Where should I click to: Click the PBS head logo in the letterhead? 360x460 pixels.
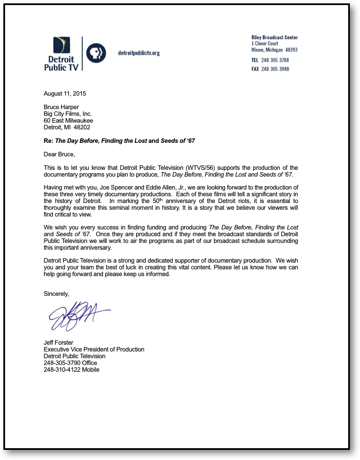tap(96, 53)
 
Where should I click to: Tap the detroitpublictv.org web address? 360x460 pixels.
tap(139, 53)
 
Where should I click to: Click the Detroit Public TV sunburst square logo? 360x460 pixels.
tap(61, 46)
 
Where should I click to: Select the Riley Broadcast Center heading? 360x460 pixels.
tap(274, 38)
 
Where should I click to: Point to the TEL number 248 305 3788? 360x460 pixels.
tap(275, 60)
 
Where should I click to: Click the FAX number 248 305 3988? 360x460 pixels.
tap(275, 69)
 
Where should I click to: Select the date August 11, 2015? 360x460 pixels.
tap(65, 93)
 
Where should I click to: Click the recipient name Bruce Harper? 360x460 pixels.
tap(61, 107)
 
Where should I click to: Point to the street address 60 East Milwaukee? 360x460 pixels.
tap(69, 120)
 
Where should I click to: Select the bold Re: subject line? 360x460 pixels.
tap(119, 141)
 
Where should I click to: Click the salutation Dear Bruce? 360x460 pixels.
tap(59, 154)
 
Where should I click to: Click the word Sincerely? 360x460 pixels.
tap(56, 294)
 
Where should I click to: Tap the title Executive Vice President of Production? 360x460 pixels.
tap(94, 349)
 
